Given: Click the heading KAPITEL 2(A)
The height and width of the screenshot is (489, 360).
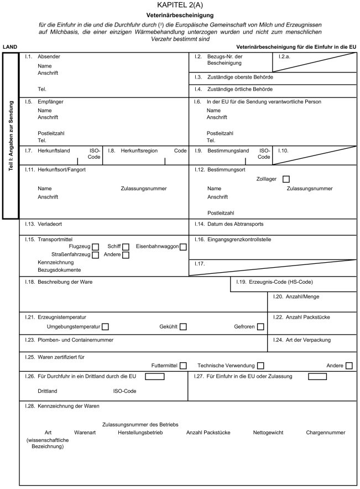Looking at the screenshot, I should tap(180, 5).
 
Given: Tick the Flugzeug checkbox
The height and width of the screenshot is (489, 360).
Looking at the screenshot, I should tap(96, 246).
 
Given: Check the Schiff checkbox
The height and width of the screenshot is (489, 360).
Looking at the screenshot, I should tap(126, 246).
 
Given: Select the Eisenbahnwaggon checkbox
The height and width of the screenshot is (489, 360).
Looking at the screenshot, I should tap(183, 246).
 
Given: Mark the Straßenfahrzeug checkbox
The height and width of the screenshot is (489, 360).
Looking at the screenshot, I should tap(96, 254).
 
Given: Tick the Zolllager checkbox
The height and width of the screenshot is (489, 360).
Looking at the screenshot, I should tap(286, 179).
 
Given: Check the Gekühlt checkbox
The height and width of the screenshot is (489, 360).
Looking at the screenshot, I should tap(182, 327).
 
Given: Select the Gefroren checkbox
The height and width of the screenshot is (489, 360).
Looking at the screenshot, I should tap(260, 327).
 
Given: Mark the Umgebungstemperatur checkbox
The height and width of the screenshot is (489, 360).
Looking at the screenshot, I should tap(105, 327).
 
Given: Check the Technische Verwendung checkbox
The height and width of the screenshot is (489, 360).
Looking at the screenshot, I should tap(260, 366).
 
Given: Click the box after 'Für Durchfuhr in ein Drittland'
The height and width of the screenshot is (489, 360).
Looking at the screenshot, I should tap(155, 377).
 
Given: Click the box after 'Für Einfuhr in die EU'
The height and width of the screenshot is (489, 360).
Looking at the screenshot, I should tap(317, 377).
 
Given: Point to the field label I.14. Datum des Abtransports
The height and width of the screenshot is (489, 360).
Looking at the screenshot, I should tap(229, 224).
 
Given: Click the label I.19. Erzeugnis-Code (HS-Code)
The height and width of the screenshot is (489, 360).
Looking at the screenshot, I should tap(274, 282).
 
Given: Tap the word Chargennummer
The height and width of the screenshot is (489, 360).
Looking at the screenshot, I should tap(325, 432).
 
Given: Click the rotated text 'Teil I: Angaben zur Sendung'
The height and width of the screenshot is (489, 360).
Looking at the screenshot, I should tap(11, 136).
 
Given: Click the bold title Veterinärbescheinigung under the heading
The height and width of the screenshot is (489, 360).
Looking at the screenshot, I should tap(180, 15).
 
